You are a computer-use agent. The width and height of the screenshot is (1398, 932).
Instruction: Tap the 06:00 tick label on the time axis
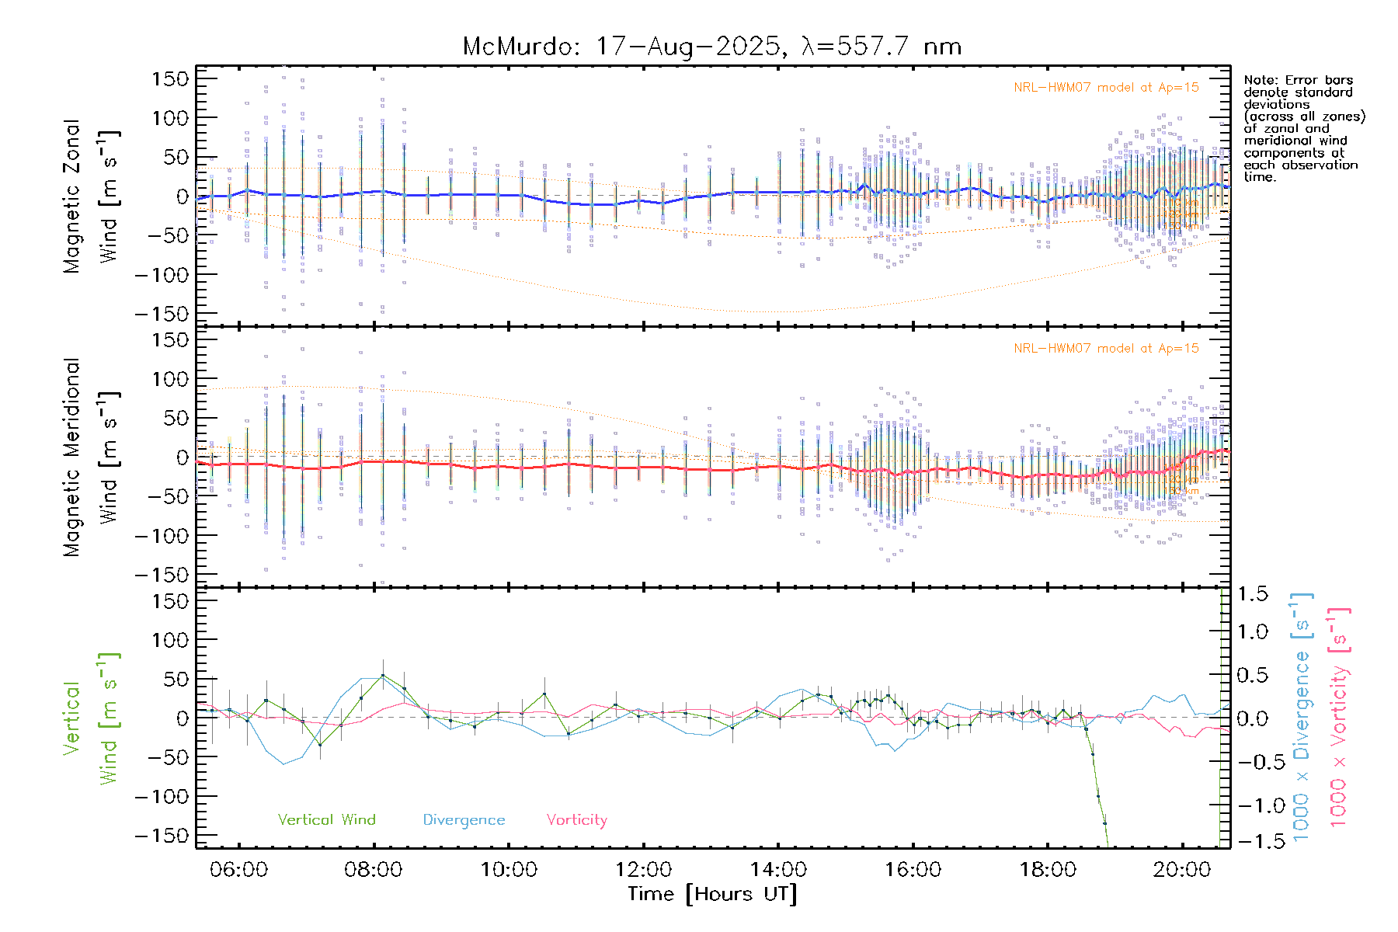point(238,870)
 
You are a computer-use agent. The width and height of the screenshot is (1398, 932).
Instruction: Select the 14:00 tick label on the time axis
point(778,870)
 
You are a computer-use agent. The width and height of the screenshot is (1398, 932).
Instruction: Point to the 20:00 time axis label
point(1182,870)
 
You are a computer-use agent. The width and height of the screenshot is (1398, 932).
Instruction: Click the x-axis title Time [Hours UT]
point(712,894)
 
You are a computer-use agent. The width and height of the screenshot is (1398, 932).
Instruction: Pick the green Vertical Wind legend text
point(326,820)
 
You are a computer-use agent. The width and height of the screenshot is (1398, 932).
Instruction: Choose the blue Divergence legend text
point(464,820)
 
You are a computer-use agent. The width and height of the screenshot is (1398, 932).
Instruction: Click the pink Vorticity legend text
point(576,820)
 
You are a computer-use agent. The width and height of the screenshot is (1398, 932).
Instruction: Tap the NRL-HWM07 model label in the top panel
point(1106,88)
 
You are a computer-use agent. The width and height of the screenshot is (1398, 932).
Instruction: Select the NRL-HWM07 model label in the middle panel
point(1106,349)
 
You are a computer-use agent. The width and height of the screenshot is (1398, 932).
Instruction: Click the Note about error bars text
point(1303,128)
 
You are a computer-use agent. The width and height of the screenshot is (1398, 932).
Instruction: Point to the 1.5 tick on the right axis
point(1252,594)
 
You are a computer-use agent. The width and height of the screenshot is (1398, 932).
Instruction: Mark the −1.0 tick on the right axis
point(1252,805)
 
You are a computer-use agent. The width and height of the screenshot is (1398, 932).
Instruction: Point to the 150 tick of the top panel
point(170,79)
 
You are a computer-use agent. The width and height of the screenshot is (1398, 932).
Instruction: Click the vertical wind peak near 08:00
point(382,676)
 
